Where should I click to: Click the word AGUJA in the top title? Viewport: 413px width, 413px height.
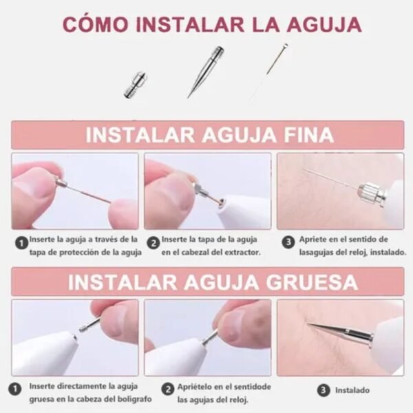[324, 25]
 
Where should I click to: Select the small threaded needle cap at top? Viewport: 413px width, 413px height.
[135, 85]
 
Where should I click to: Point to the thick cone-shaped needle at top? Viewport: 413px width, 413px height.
[206, 72]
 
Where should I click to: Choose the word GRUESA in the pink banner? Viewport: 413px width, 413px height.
[312, 282]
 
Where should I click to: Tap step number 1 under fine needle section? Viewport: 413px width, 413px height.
[21, 242]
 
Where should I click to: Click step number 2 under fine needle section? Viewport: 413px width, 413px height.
[153, 243]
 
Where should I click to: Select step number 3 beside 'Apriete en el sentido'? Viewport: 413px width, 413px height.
[288, 242]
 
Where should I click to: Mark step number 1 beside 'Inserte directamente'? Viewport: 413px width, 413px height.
[15, 389]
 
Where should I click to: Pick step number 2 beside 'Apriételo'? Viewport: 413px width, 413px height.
[168, 390]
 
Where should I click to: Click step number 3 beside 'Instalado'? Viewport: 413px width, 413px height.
[324, 390]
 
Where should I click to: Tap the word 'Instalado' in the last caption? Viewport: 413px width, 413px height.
[352, 390]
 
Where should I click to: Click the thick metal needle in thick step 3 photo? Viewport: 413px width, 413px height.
[340, 331]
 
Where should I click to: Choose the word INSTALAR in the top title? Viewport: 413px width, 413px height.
[190, 25]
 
